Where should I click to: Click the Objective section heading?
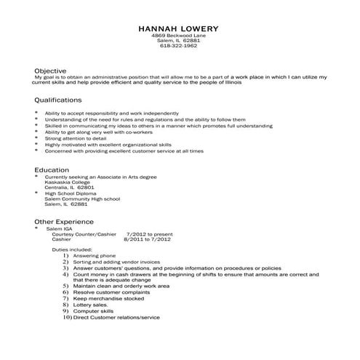51,70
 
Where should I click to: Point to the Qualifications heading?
58,100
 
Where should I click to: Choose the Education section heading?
52,169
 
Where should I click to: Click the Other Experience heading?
64,221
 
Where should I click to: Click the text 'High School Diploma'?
71,193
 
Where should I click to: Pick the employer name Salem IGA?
60,228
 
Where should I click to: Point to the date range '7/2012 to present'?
151,234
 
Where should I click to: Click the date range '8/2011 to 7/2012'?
148,239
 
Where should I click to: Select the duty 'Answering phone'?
95,255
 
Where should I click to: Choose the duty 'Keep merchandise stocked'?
108,299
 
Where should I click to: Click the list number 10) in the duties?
66,318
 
